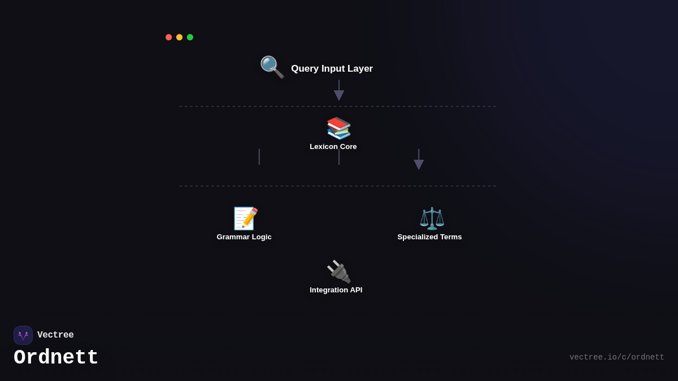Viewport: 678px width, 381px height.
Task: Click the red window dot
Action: (168, 37)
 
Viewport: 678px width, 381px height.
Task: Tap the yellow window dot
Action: (179, 37)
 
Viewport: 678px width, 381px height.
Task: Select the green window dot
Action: (190, 37)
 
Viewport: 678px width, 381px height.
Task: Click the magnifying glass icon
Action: (272, 67)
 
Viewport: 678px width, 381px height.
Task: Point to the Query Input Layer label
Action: (332, 69)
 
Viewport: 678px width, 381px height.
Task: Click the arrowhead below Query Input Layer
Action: (338, 95)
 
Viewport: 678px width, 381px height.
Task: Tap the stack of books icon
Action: (338, 128)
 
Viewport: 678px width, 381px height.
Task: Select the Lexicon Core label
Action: (333, 147)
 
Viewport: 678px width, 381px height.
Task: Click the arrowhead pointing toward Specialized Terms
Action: (419, 165)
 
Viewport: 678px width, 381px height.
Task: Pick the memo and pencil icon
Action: (245, 218)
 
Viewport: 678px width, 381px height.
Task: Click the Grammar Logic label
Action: (244, 237)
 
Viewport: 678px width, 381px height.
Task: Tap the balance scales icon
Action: (432, 218)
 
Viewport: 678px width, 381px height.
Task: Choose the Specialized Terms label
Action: (429, 237)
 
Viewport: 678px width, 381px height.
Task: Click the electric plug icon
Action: (338, 271)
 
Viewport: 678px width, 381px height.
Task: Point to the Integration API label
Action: (336, 290)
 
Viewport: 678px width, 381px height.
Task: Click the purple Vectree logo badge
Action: (23, 335)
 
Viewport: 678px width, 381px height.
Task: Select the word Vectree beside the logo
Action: (55, 335)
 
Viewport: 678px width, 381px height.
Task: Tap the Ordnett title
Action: (56, 357)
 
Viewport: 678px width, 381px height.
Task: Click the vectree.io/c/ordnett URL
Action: (616, 357)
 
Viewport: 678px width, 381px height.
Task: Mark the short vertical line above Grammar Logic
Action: (259, 157)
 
